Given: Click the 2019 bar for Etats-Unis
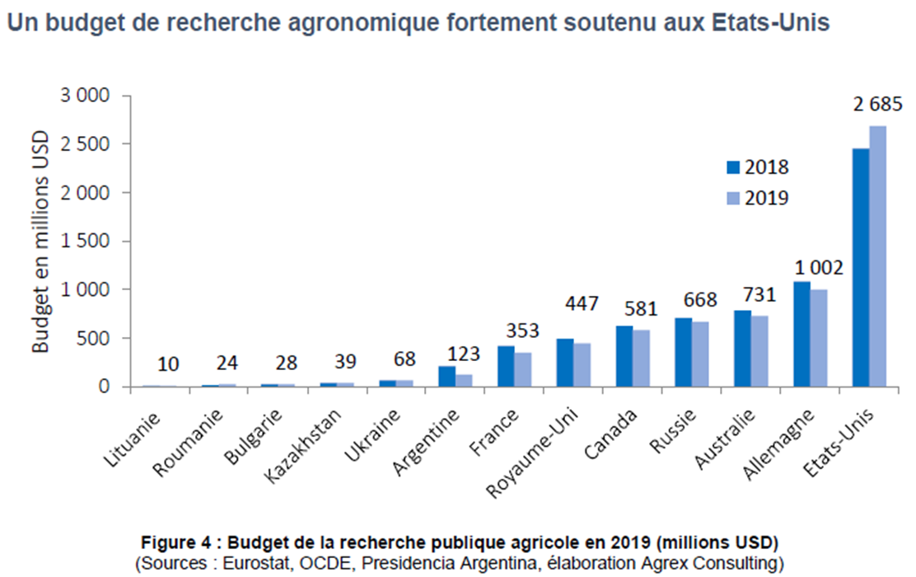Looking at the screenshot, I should point(877,256).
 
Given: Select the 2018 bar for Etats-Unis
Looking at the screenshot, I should point(861,267).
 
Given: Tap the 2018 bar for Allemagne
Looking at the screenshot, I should point(801,335).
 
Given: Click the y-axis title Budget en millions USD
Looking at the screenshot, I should point(40,242).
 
